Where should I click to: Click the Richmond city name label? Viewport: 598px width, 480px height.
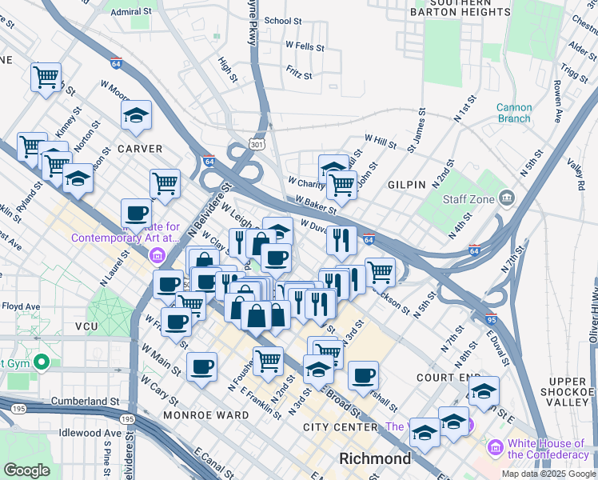375,459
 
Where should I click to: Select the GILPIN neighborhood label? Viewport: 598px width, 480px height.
407,185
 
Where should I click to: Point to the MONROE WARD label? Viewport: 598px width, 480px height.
197,416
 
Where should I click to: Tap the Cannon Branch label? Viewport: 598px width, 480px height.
513,113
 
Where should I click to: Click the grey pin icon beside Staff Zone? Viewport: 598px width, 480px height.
506,198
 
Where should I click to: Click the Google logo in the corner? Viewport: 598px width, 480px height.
26,470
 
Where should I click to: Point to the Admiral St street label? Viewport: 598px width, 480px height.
131,12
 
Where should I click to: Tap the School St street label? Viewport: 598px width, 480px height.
282,21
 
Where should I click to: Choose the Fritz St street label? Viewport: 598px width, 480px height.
298,74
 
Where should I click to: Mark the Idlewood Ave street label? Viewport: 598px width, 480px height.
90,433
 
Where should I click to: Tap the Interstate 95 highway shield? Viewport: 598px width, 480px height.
492,319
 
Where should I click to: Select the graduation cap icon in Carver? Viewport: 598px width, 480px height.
136,115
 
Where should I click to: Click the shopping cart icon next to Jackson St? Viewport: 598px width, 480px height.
380,271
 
